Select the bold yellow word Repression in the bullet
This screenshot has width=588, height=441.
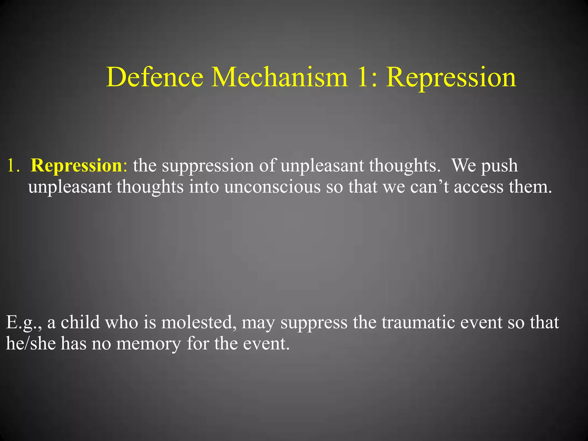[77, 166]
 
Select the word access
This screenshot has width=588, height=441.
[479, 187]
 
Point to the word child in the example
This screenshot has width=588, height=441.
[80, 322]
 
